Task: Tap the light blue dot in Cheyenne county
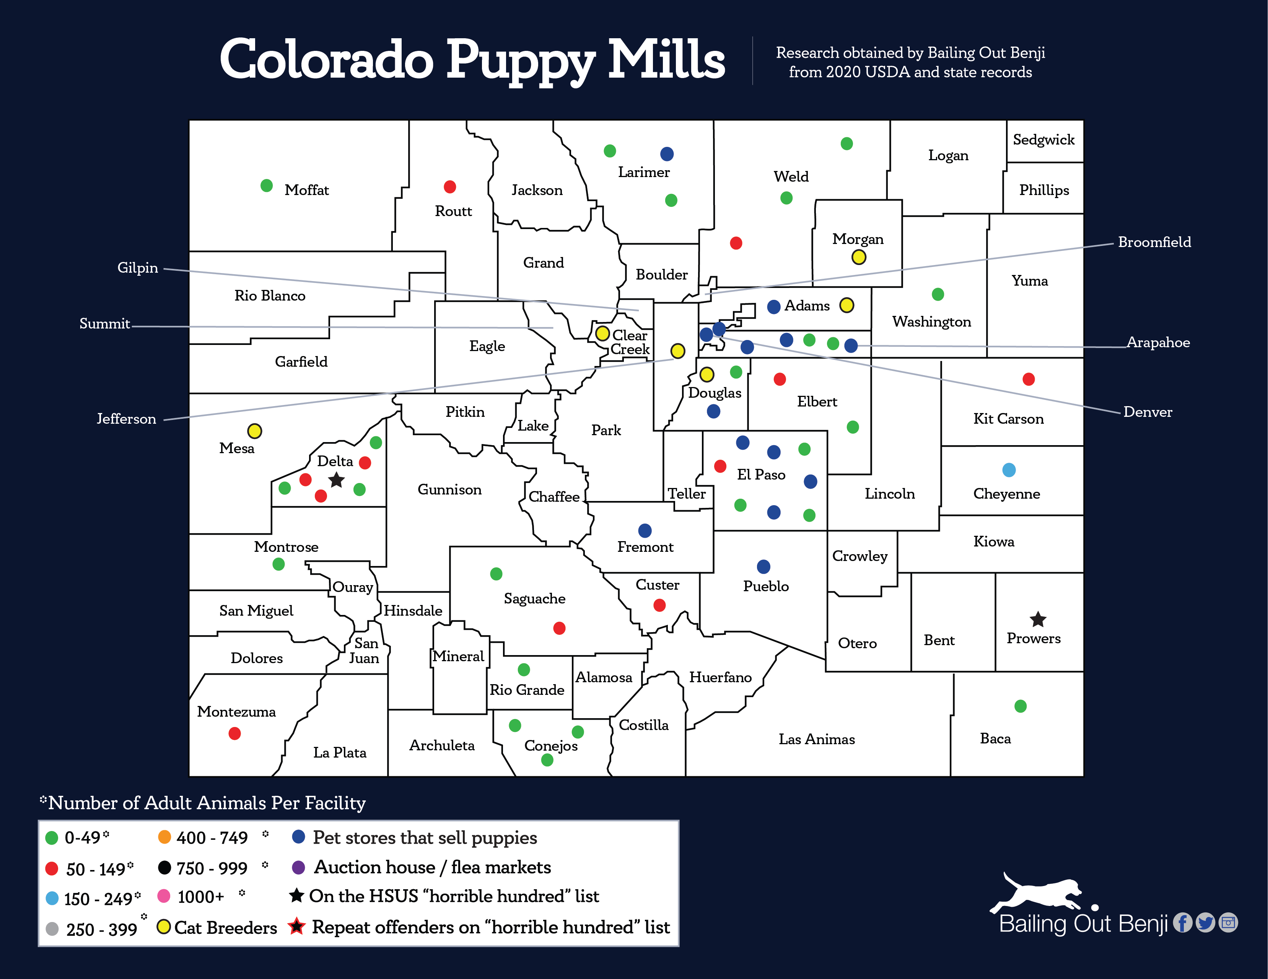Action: pos(1009,470)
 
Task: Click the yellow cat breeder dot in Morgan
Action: pos(859,257)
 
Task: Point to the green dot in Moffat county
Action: pos(267,186)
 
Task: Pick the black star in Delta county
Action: pos(337,480)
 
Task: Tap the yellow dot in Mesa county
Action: pos(254,431)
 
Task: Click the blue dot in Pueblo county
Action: pos(763,566)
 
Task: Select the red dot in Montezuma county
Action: pos(234,733)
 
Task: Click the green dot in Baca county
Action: pos(1020,706)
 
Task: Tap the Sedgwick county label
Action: pos(1043,140)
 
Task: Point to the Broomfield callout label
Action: pos(1154,242)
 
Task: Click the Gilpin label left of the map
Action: pos(138,268)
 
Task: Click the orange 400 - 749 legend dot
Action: pos(164,837)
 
